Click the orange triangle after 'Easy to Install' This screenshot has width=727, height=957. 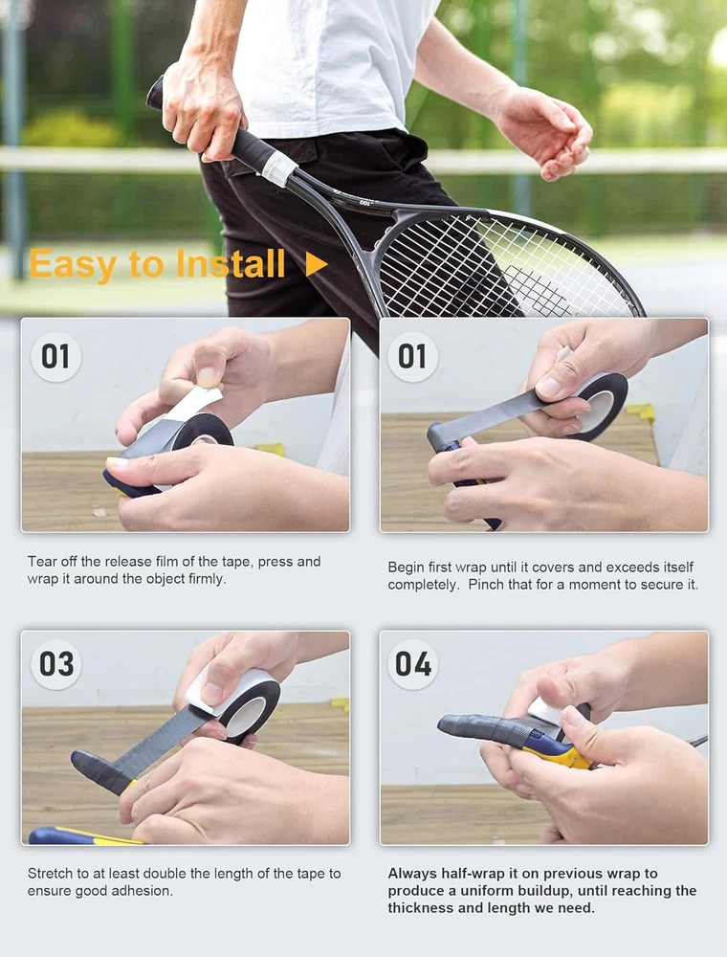pyautogui.click(x=316, y=264)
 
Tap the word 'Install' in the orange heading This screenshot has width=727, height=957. pyautogui.click(x=231, y=264)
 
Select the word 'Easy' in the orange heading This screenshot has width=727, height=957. pyautogui.click(x=73, y=265)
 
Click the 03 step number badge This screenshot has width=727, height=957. pyautogui.click(x=56, y=664)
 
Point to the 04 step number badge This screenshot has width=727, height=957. pyautogui.click(x=413, y=664)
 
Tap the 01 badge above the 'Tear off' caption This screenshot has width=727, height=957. pyautogui.click(x=55, y=356)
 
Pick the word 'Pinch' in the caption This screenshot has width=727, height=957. pyautogui.click(x=486, y=584)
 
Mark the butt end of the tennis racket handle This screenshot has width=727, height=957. pyautogui.click(x=155, y=92)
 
